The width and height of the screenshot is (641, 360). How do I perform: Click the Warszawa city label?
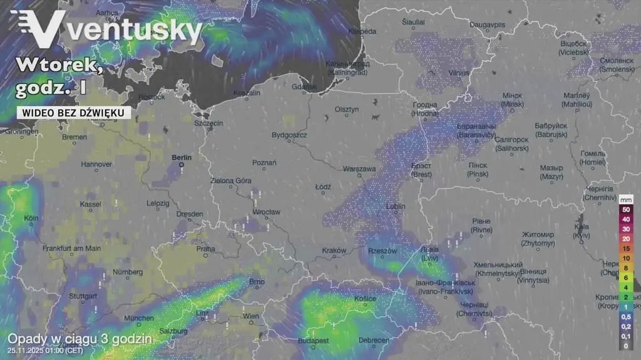click(359, 169)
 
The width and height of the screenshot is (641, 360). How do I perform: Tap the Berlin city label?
click(181, 158)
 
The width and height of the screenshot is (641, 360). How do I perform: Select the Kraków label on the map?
click(334, 250)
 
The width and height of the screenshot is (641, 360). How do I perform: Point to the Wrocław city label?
click(266, 212)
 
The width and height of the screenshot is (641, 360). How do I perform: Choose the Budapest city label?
click(314, 341)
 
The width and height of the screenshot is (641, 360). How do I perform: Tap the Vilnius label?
click(459, 73)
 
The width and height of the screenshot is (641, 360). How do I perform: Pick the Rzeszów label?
click(382, 251)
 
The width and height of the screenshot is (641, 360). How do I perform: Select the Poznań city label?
click(264, 163)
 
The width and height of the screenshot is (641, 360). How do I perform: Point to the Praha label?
click(205, 249)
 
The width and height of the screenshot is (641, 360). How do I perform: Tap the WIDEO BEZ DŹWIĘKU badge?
click(74, 113)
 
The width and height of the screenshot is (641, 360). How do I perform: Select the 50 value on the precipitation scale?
click(625, 210)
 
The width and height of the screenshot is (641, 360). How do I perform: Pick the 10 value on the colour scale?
click(625, 258)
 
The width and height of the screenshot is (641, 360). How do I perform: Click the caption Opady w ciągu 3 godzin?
click(79, 339)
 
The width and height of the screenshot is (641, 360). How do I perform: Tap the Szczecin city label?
click(208, 123)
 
